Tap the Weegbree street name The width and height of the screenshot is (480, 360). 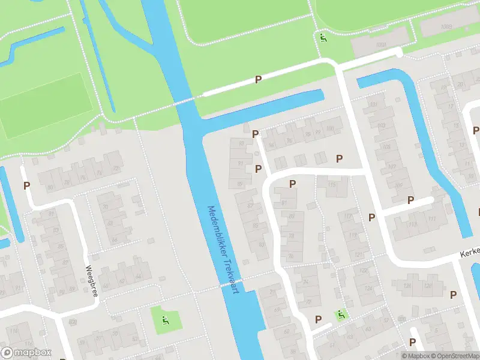pos(91,278)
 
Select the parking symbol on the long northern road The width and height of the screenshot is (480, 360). pos(258,79)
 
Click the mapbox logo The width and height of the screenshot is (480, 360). pos(26,353)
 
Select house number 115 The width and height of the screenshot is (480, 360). pos(332,185)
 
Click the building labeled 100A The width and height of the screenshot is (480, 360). pos(379,45)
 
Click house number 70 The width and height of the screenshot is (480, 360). pos(106,207)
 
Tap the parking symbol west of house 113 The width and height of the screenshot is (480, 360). pos(371,217)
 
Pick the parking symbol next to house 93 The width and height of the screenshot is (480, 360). pos(255,134)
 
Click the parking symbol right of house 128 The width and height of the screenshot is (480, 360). pos(453,294)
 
